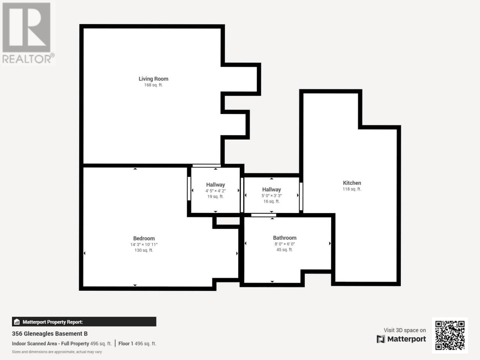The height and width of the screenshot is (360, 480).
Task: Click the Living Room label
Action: (x=153, y=79)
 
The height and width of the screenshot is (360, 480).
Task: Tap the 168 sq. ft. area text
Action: (x=153, y=85)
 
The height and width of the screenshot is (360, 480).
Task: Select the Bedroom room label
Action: (x=144, y=238)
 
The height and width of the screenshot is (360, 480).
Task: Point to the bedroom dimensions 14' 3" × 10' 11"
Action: (x=144, y=244)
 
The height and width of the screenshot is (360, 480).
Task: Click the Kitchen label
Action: (x=352, y=183)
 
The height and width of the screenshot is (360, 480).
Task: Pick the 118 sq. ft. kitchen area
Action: (x=352, y=189)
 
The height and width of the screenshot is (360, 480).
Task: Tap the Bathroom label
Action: (x=285, y=238)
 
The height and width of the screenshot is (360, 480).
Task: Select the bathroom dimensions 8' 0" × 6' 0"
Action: (x=285, y=244)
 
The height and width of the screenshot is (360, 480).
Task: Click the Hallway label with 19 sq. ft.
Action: (x=215, y=185)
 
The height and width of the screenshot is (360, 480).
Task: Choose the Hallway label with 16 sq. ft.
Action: (x=271, y=190)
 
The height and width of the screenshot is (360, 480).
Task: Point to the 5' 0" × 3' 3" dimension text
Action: (x=271, y=196)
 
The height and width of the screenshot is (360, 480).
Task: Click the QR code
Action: (x=450, y=335)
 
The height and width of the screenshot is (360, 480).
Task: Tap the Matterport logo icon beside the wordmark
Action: (x=381, y=339)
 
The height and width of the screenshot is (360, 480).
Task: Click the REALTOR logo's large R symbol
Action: (x=27, y=27)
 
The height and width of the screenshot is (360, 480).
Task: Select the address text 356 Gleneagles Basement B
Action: (x=49, y=334)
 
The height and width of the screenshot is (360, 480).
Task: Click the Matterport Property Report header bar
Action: (x=84, y=322)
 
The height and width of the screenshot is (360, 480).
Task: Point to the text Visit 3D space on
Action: (x=405, y=330)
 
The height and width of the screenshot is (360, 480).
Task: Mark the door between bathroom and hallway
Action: (x=264, y=215)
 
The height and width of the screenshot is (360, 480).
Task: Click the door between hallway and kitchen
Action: (x=301, y=196)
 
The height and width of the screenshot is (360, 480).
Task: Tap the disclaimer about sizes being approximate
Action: (x=57, y=352)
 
